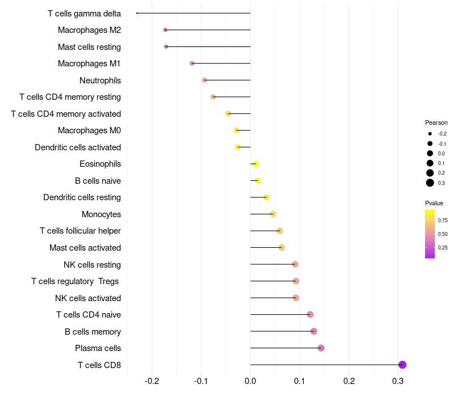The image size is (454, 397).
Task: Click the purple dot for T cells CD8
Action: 402,365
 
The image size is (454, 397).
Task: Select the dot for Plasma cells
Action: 321,348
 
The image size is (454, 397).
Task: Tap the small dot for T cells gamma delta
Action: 137,13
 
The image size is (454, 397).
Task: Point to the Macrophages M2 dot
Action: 165,29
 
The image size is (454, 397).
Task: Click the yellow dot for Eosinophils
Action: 255,164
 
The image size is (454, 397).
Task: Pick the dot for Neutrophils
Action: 204,80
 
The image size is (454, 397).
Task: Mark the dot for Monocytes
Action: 273,214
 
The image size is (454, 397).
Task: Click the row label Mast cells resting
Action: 89,47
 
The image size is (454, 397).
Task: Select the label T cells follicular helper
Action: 80,231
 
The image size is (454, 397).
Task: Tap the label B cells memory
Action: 93,331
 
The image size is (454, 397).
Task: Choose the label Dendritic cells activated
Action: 78,147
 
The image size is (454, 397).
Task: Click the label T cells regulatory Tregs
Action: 76,281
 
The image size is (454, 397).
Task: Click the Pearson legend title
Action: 436,123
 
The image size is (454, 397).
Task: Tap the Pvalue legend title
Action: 434,203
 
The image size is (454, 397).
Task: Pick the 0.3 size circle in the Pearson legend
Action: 430,183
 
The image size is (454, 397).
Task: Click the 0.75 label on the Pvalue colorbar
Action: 443,220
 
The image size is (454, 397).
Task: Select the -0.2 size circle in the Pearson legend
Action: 430,134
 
